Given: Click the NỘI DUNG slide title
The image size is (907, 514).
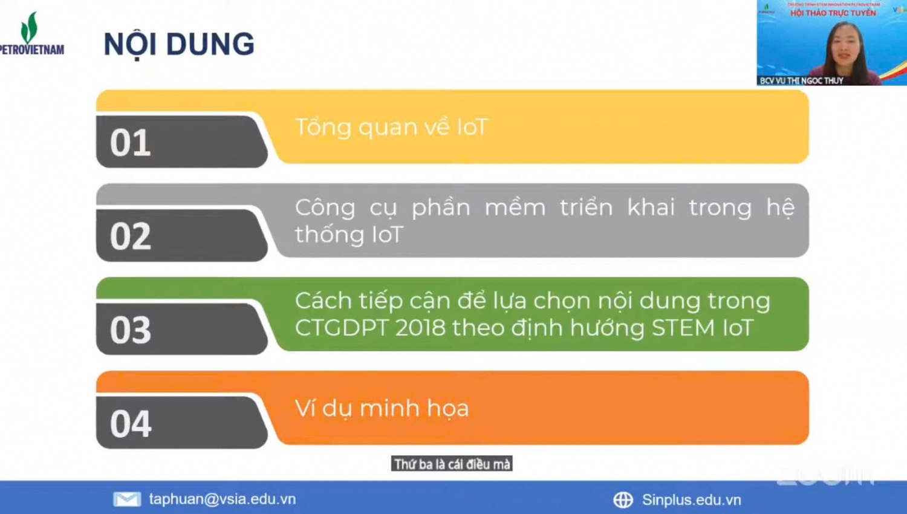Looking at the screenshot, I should [x=179, y=45].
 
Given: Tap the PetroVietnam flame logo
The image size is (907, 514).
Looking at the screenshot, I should [x=29, y=27].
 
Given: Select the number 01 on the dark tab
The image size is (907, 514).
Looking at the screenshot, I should [x=130, y=143].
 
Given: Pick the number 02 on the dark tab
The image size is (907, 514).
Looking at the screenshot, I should [x=130, y=236].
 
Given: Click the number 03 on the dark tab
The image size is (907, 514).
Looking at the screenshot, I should [x=130, y=330].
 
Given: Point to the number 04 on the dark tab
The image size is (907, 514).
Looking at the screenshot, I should [x=130, y=424].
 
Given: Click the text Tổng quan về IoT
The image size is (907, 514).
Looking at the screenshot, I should [x=391, y=128].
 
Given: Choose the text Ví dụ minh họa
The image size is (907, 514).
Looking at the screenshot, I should [x=382, y=409].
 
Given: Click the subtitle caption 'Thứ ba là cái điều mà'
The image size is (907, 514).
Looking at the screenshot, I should [x=452, y=464].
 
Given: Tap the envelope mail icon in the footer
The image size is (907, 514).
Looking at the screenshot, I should [x=127, y=499].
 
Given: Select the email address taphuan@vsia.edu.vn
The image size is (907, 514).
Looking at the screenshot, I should [x=223, y=499].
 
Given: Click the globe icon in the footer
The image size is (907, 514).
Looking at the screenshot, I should [x=623, y=499].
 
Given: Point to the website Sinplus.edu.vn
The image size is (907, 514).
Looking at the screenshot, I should [x=691, y=499].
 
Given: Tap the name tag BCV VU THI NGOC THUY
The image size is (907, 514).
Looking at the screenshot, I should [x=801, y=80].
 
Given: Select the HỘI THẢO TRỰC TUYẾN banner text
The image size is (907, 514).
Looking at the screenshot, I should [x=833, y=13].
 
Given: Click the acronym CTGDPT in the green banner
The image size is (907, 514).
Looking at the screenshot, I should [x=342, y=328].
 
